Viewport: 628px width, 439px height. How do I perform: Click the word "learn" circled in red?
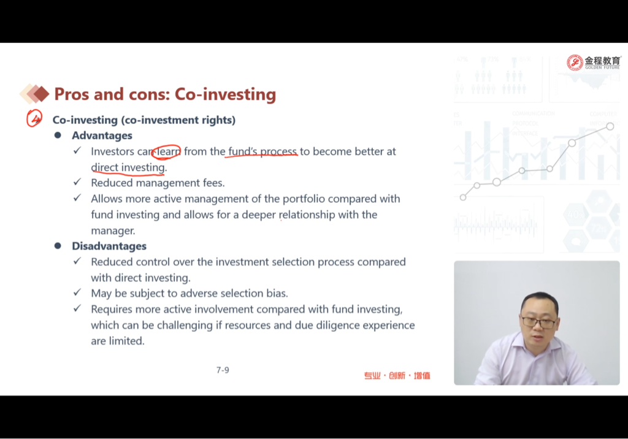point(168,151)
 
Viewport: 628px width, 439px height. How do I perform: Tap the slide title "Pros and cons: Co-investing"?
point(165,94)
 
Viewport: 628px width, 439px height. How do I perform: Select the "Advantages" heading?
point(102,136)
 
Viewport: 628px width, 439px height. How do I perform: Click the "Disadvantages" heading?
point(109,246)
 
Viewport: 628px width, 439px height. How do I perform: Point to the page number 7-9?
point(223,370)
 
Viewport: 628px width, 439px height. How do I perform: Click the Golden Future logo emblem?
point(575,63)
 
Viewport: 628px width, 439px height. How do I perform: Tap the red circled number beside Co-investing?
point(34,118)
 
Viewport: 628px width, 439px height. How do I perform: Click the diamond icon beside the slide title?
point(34,94)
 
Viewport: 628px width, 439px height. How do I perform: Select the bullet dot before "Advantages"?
point(58,136)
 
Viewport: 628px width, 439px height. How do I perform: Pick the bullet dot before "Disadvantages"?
point(58,245)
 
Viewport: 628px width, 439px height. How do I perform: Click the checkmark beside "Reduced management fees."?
point(77,182)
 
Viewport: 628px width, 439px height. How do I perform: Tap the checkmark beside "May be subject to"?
point(77,292)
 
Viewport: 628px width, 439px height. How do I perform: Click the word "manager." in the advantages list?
point(113,231)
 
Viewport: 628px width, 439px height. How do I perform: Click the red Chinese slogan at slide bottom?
point(397,375)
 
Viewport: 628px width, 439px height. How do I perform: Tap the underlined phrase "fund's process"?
point(262,151)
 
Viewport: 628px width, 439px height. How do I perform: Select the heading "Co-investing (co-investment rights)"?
point(144,120)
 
